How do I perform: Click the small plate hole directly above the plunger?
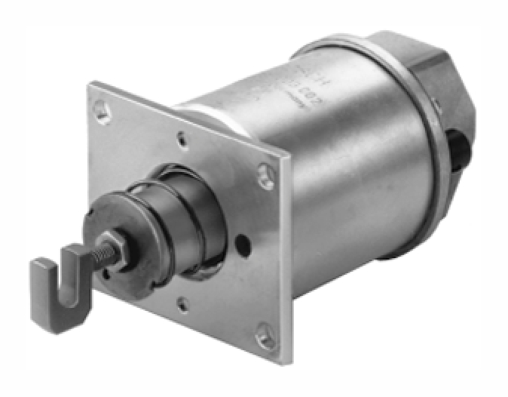tap(182, 138)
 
